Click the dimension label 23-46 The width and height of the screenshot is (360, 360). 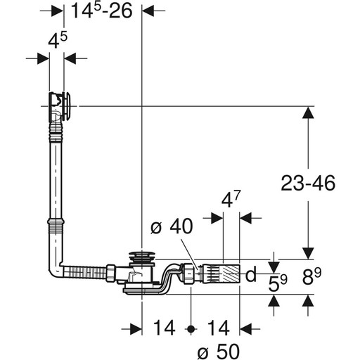(x=308, y=183)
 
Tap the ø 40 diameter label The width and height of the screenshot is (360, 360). (x=172, y=226)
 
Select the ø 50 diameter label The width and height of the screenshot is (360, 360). (x=219, y=352)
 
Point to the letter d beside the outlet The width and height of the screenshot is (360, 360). (x=251, y=274)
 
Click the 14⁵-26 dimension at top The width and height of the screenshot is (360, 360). (x=101, y=11)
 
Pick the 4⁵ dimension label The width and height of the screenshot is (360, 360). (x=58, y=40)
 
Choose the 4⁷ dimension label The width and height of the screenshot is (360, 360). (x=231, y=200)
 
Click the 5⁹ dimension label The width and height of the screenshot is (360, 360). (x=278, y=283)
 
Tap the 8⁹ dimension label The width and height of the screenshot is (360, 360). (x=311, y=276)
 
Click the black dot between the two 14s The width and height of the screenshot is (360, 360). (x=191, y=329)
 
